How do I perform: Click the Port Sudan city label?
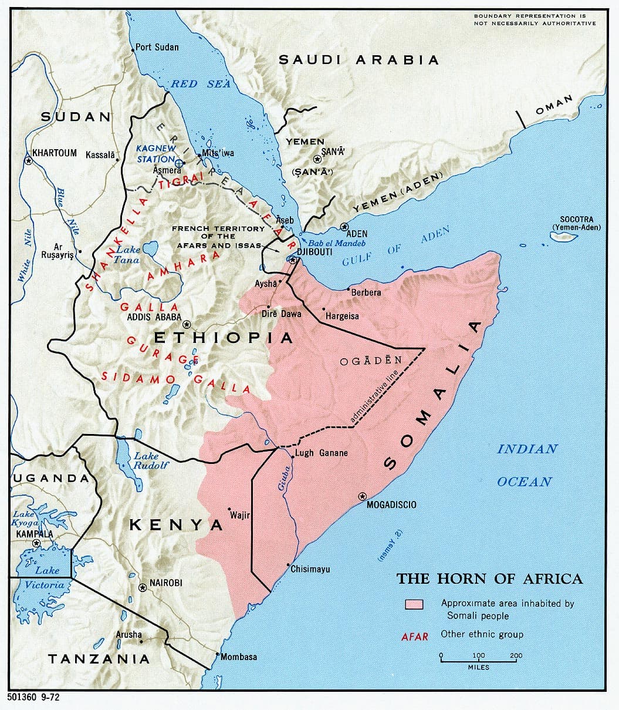point(157,47)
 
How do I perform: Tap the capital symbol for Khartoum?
point(28,160)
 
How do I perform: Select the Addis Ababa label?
point(154,317)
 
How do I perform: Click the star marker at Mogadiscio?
point(361,496)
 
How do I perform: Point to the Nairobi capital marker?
point(142,587)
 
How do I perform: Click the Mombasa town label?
point(239,657)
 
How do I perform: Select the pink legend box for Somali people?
point(414,604)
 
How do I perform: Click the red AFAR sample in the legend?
point(415,636)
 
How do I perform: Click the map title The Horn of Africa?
point(489,578)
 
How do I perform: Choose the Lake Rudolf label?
point(150,460)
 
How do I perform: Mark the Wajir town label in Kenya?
point(240,516)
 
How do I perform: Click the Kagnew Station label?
point(155,154)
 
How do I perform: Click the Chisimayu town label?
point(310,569)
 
